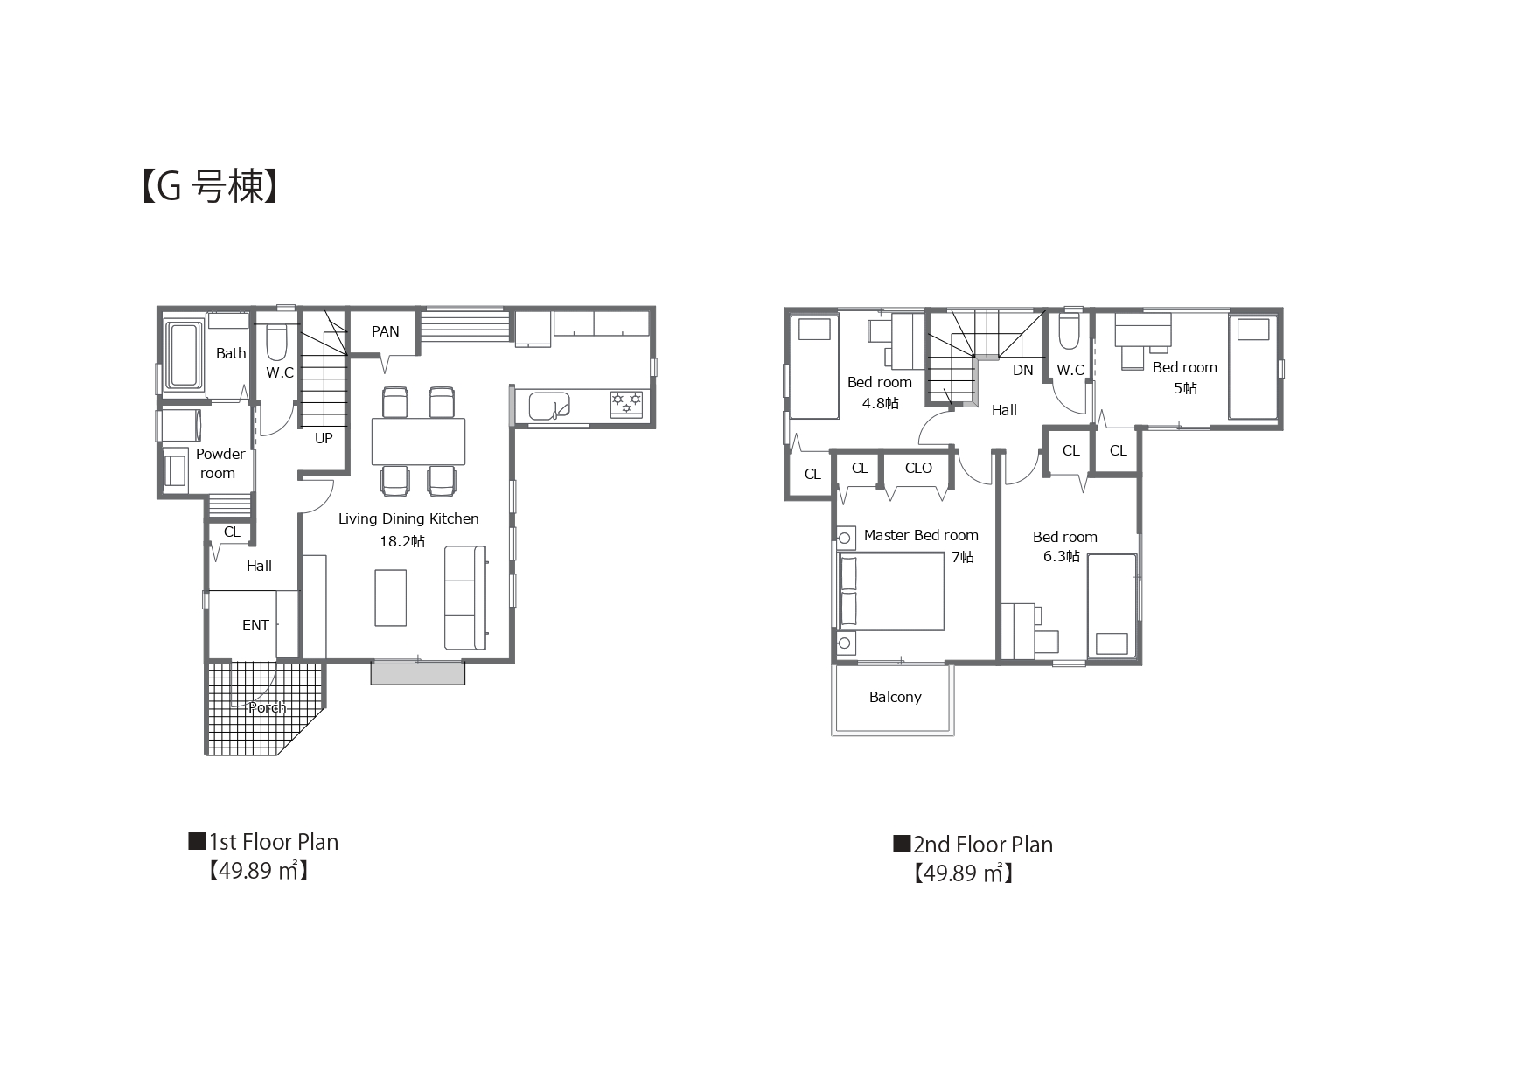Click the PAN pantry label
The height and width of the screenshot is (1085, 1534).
pos(385,331)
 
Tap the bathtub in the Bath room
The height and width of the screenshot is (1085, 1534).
pos(185,355)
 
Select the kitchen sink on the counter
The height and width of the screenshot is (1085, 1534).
pos(548,406)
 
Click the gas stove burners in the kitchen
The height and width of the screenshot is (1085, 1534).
pos(626,404)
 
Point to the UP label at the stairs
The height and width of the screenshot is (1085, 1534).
pos(324,438)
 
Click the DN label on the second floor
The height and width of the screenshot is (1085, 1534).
pos(1022,370)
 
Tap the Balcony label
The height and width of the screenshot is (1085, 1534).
pos(895,697)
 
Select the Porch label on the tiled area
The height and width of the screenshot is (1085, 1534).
pos(267,707)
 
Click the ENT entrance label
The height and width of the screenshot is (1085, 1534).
pos(255,625)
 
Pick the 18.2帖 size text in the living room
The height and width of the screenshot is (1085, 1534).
pos(402,541)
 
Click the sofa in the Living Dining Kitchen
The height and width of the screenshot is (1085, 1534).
pos(465,597)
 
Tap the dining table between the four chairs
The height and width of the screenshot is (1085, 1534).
pos(418,442)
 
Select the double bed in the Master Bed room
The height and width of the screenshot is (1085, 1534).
pos(891,591)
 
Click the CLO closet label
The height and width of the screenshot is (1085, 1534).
pos(918,468)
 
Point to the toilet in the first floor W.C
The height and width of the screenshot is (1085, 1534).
pos(276,343)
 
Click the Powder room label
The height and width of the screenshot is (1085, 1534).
pos(220,463)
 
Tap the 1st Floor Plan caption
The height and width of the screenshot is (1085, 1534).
pos(263,842)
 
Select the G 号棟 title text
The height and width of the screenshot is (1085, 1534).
pos(210,185)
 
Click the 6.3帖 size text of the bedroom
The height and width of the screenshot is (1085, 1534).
pos(1061,556)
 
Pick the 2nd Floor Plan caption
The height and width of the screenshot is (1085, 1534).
pos(973,845)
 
